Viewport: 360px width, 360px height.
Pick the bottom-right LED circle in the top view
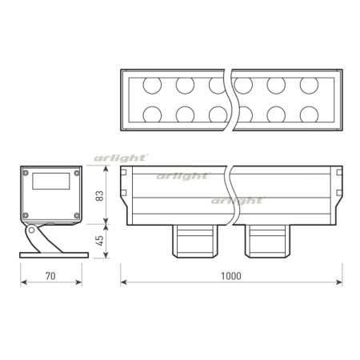(x=309, y=114)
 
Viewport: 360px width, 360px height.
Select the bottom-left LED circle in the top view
(x=150, y=114)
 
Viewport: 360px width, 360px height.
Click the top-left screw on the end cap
(x=26, y=172)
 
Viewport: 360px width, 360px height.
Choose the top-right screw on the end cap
(x=76, y=172)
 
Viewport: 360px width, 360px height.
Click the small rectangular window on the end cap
(x=50, y=182)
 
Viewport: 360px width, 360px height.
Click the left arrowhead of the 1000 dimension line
(x=123, y=283)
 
